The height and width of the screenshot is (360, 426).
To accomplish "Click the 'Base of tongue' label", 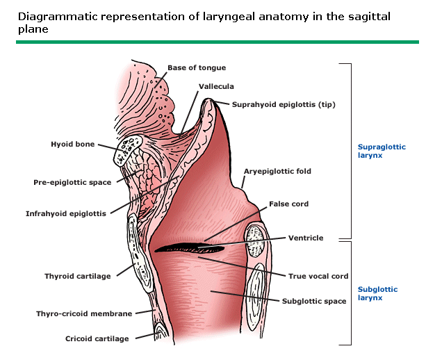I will (196, 67).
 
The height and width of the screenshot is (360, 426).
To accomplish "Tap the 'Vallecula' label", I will (216, 87).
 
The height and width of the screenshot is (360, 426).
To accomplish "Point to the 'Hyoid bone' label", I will (73, 145).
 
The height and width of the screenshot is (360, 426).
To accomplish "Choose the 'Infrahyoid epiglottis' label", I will (66, 214).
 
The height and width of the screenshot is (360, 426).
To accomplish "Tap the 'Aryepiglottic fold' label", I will (277, 171).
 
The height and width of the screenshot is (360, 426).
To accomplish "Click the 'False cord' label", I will (288, 204).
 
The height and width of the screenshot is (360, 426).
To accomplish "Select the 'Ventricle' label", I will (306, 238).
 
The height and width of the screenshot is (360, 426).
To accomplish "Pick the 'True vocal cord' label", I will (318, 276).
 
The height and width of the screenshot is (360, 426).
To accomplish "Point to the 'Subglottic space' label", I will (313, 302).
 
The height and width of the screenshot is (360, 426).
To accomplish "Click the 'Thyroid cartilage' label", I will (77, 276).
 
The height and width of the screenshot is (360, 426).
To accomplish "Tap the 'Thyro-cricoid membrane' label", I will (84, 313).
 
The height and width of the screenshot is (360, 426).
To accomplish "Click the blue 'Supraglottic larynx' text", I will (381, 152).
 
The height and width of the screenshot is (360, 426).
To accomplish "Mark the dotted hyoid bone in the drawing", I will (129, 147).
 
